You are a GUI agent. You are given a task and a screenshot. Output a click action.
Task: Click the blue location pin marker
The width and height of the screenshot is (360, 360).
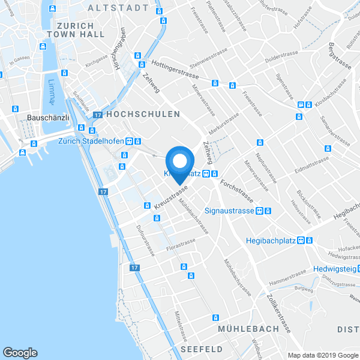[x=179, y=163]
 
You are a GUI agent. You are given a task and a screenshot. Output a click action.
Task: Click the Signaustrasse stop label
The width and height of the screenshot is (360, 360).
[x=230, y=211]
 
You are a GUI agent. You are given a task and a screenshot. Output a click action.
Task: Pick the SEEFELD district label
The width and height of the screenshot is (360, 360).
[x=201, y=349]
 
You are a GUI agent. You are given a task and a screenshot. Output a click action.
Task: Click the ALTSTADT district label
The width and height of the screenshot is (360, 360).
[x=118, y=8]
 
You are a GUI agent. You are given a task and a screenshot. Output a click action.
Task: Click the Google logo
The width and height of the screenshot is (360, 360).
[x=20, y=353]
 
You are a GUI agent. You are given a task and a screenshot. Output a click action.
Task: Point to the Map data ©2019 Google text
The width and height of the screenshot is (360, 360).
[x=322, y=355]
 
